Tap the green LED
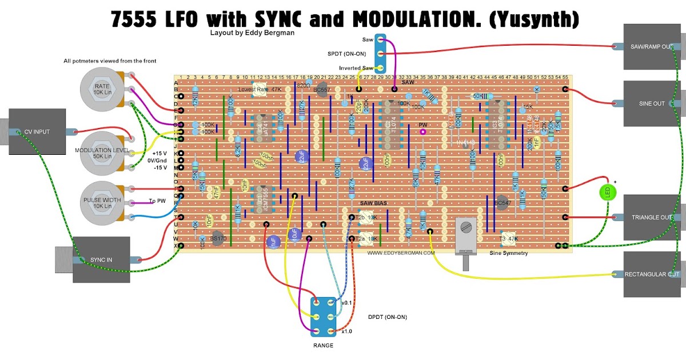(605, 193)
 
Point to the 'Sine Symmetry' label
(509, 253)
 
